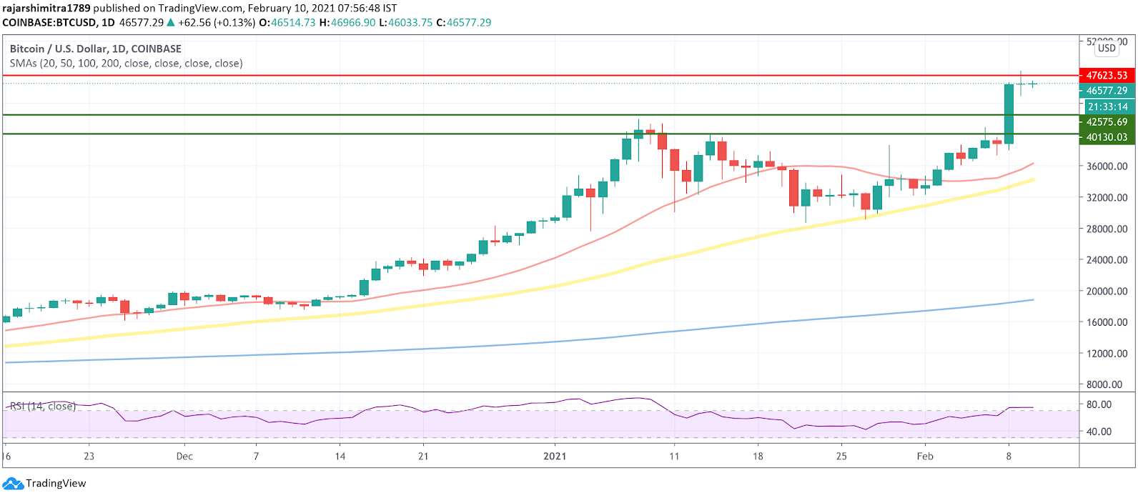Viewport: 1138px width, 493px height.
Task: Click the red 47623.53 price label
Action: click(x=1106, y=75)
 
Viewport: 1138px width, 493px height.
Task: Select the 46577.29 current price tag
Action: click(x=1106, y=91)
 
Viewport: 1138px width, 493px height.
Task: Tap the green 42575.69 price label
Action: click(x=1106, y=122)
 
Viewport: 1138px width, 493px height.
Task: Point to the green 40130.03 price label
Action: click(x=1106, y=137)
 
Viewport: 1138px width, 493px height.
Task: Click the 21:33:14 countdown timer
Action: click(x=1107, y=106)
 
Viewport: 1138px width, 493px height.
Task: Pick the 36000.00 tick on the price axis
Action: click(x=1107, y=166)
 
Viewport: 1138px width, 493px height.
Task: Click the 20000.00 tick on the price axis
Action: click(x=1107, y=292)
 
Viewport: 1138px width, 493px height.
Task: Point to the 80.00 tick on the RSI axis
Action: click(x=1099, y=404)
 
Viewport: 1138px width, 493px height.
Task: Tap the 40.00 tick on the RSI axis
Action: click(x=1099, y=432)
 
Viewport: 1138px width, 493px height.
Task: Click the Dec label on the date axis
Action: click(x=184, y=456)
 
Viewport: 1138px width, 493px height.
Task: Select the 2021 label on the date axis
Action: click(x=555, y=456)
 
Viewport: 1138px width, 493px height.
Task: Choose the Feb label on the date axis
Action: click(x=925, y=456)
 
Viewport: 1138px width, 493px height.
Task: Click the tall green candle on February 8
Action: click(x=1009, y=114)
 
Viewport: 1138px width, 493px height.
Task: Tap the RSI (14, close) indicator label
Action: click(x=42, y=407)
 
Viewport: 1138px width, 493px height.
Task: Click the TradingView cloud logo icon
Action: click(x=13, y=484)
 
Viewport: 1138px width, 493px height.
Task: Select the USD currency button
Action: click(x=1107, y=48)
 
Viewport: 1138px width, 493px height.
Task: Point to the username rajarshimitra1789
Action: click(x=46, y=8)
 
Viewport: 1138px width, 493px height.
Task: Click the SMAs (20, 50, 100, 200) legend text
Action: click(x=126, y=63)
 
